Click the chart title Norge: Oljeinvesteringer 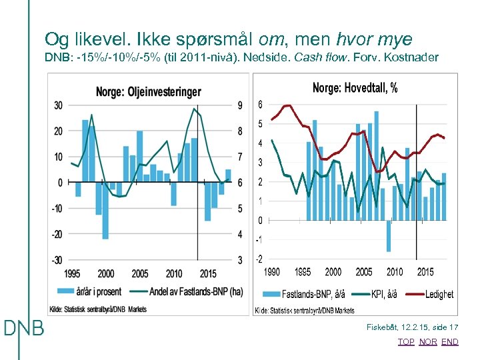click(x=148, y=92)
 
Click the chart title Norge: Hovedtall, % click(x=355, y=88)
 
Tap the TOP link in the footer click(x=405, y=342)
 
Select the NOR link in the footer click(x=428, y=342)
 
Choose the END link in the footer click(x=450, y=342)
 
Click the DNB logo click(x=24, y=328)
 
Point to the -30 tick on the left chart click(x=58, y=259)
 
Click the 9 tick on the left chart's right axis click(x=240, y=105)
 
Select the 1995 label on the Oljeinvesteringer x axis click(x=72, y=274)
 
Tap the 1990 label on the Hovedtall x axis click(x=272, y=271)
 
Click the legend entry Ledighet click(x=439, y=294)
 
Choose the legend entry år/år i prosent click(x=95, y=291)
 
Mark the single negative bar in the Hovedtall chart click(x=389, y=236)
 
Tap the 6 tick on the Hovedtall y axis click(x=260, y=105)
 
